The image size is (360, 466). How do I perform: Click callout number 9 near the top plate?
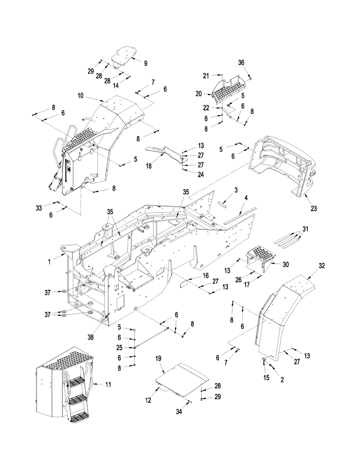click(x=132, y=62)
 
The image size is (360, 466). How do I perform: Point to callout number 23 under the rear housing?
click(x=313, y=208)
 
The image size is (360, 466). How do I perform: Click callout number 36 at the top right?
click(x=254, y=63)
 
